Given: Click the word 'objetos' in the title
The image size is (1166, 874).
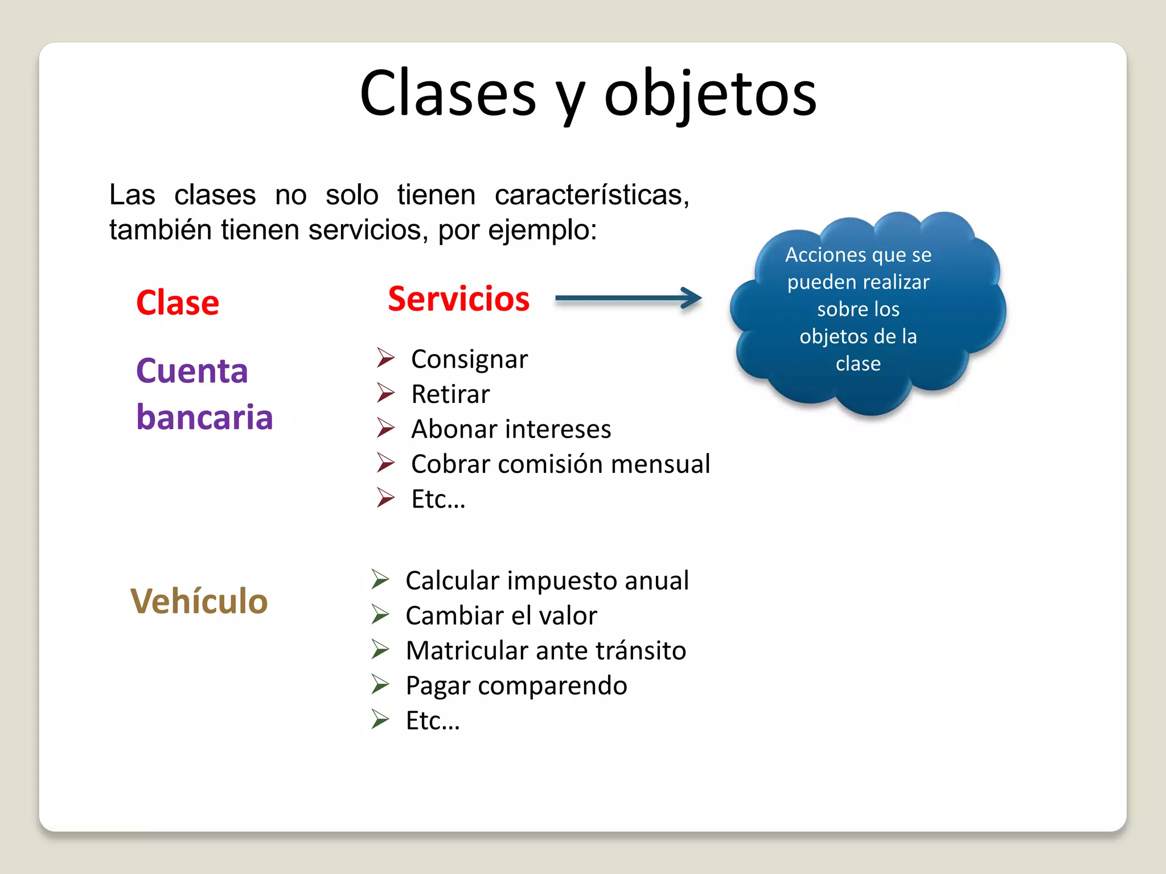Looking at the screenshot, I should (x=710, y=94).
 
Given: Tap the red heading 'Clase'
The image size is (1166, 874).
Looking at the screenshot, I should (x=178, y=303).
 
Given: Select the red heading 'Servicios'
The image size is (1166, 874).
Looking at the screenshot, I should (x=458, y=299).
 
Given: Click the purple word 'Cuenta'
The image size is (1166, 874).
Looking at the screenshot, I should (x=192, y=372).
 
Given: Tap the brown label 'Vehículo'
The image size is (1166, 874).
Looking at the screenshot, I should (x=199, y=601).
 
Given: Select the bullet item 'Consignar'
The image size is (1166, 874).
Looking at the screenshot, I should (x=469, y=360).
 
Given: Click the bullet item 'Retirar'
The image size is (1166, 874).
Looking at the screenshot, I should (x=450, y=394).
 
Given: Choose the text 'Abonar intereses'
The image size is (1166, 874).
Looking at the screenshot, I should (x=511, y=430).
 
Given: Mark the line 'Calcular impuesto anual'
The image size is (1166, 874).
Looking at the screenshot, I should (x=547, y=581).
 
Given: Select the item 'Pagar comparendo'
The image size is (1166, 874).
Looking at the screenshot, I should (x=516, y=686).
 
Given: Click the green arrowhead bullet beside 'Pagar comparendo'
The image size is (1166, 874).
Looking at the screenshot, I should (x=380, y=685).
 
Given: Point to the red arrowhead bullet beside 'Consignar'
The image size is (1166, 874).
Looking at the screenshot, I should (x=385, y=358).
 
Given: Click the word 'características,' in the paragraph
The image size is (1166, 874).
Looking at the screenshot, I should (x=592, y=195).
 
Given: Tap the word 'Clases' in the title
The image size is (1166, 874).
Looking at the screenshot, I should (x=448, y=94).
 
